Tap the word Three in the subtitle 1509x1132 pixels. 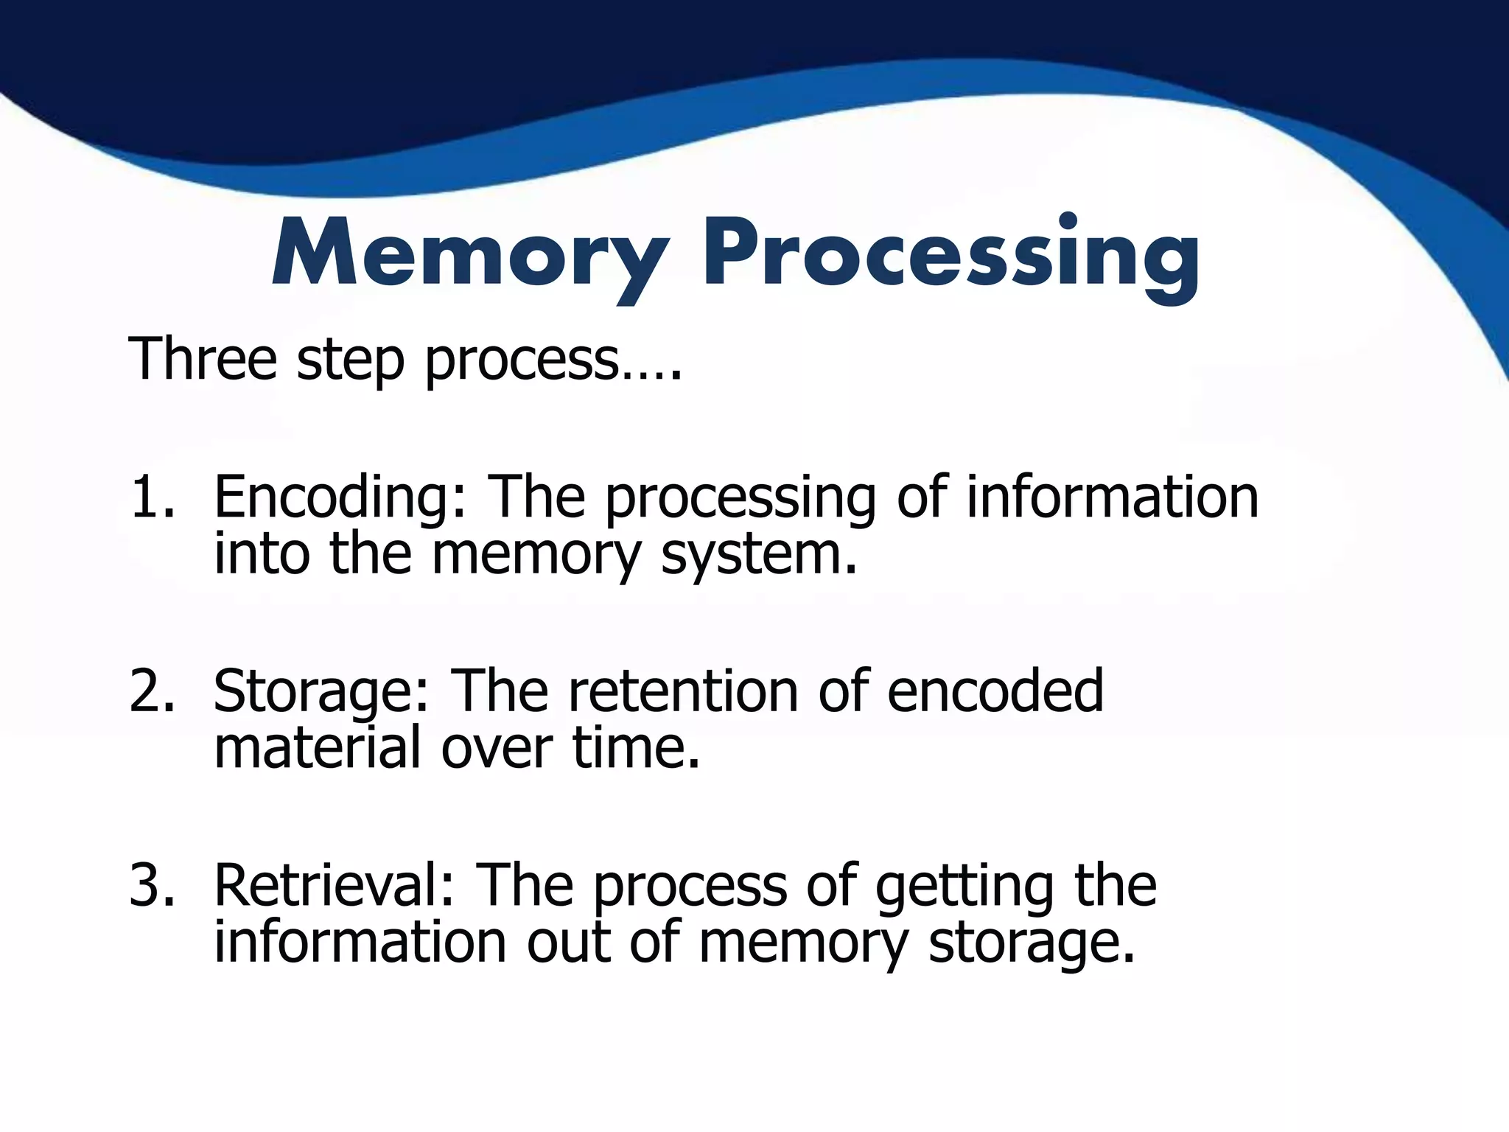pos(203,358)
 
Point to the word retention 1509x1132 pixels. pos(684,691)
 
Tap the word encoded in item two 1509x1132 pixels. pos(995,691)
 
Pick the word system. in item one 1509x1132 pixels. pos(760,554)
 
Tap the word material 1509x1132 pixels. pos(317,747)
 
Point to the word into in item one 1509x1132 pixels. pos(262,554)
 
